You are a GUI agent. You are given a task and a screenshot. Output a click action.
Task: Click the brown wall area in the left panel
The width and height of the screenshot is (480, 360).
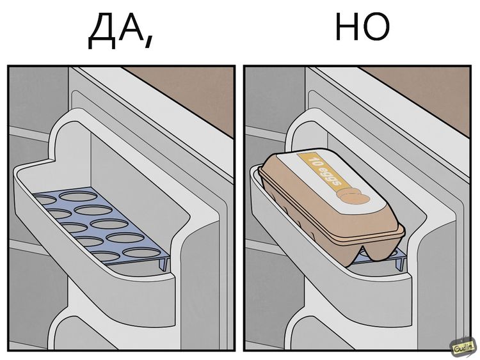186,83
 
